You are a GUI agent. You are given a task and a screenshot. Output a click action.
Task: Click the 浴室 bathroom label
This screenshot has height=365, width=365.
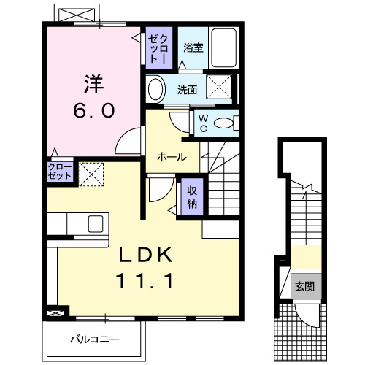[193, 48]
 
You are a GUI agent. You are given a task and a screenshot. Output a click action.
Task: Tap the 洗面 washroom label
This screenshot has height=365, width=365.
[188, 90]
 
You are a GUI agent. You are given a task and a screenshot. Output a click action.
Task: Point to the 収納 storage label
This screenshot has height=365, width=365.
[192, 196]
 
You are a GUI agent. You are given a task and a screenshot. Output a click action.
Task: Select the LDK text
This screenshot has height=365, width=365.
[145, 255]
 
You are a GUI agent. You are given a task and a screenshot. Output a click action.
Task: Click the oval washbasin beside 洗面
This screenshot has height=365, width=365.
[155, 90]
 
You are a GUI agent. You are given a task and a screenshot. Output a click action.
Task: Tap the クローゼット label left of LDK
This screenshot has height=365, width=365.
[60, 172]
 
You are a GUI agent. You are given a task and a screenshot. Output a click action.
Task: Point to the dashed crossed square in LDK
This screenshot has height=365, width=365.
[91, 174]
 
